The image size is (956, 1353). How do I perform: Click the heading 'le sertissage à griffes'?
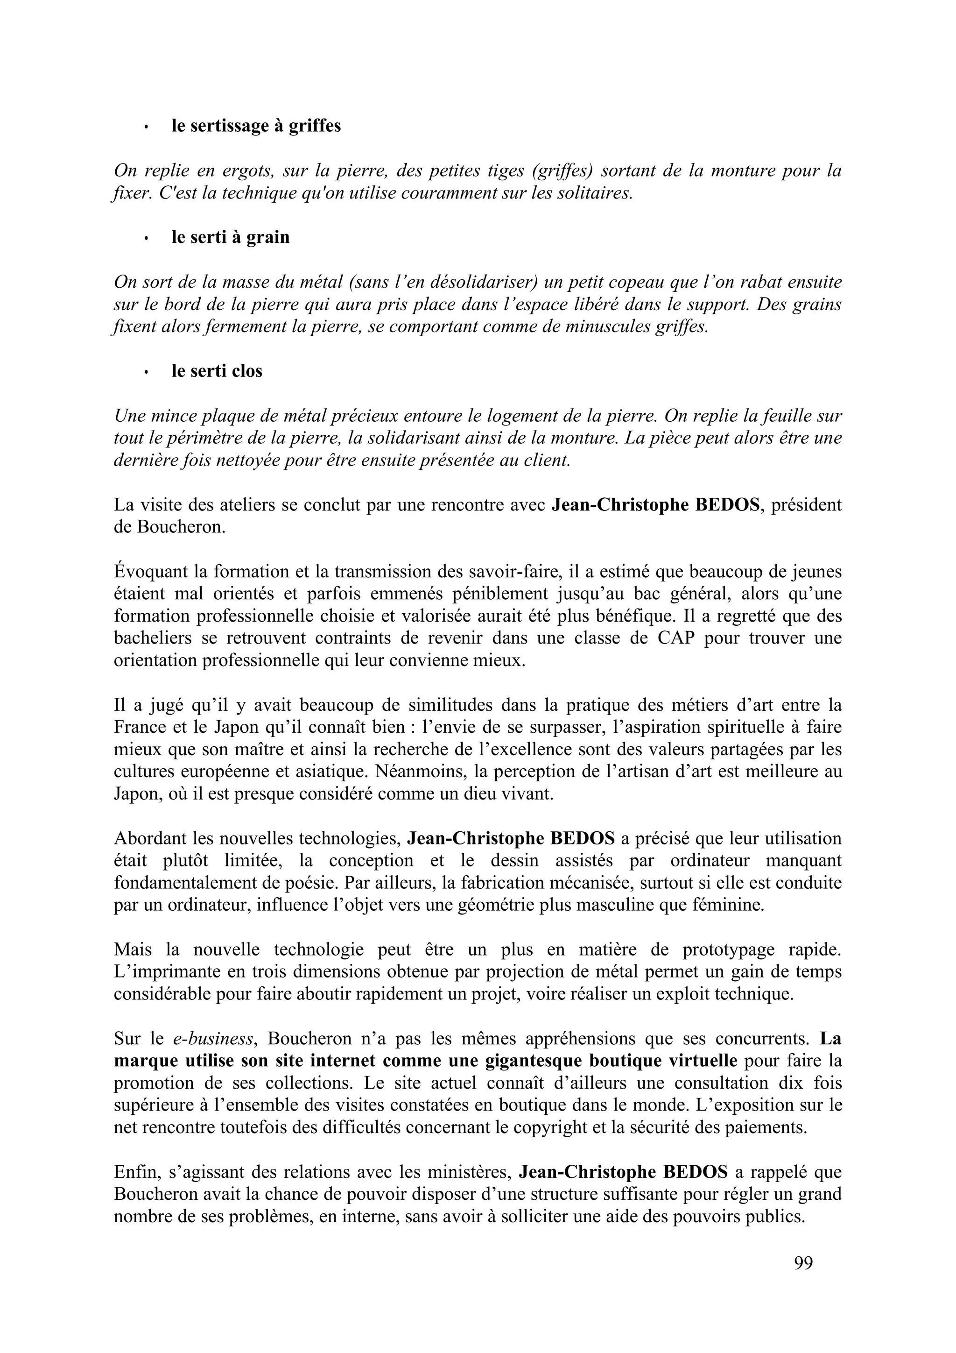pos(256,126)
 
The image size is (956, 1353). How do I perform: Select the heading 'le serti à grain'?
pos(230,237)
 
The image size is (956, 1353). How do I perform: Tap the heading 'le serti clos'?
pos(217,371)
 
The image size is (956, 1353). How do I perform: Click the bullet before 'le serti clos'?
pos(146,372)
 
